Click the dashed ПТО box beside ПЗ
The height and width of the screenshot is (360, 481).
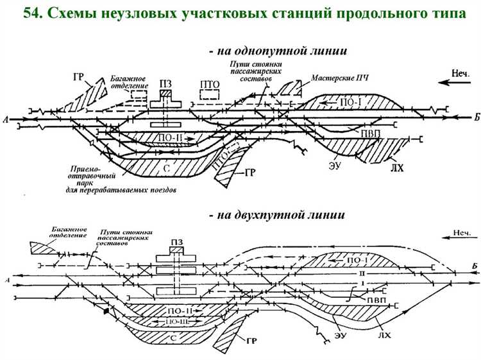(210, 94)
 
